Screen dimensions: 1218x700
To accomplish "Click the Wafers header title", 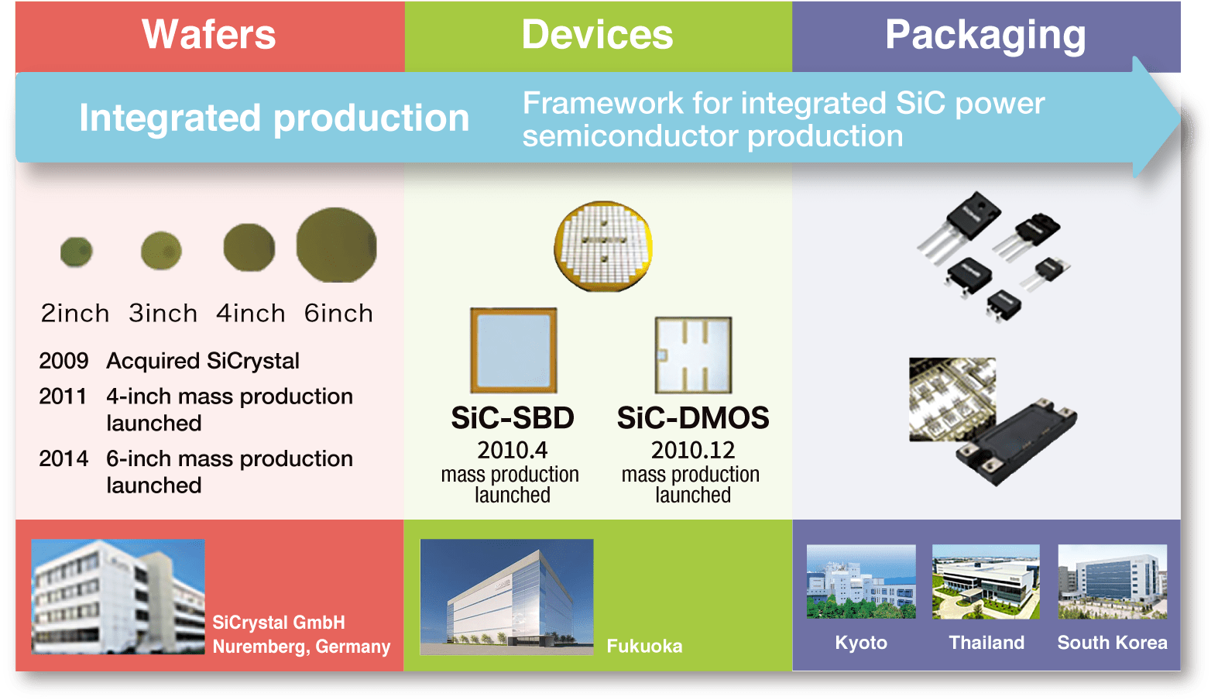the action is pos(209,35).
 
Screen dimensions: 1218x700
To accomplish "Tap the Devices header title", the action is pos(597,35).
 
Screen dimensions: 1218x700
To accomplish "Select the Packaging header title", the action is pos(985,36).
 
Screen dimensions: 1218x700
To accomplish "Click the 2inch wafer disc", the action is pos(76,252).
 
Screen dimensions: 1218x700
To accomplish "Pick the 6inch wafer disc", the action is pos(337,245).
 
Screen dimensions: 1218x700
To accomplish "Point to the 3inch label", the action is pos(163,314).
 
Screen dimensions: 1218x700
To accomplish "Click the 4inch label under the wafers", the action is pos(251,314).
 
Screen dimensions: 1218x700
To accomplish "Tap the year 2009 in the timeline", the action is pos(63,361).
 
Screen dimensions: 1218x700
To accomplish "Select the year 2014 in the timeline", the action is pos(63,458).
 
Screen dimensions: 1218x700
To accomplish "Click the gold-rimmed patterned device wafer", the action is pos(603,246).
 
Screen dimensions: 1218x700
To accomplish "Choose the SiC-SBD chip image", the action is pos(514,350).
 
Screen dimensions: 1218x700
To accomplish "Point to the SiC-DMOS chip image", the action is pos(693,355).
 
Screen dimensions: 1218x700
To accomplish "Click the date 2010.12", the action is pos(693,450).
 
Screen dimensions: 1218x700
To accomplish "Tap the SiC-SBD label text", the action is pos(513,417).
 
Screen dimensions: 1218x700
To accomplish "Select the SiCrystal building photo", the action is pos(118,597).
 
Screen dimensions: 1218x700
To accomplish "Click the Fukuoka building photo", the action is pos(506,597).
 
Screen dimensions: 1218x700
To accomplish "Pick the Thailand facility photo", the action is pos(986,582).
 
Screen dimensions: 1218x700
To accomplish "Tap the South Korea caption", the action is pos(1112,643).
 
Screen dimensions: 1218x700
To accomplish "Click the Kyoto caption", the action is pos(861,643).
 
